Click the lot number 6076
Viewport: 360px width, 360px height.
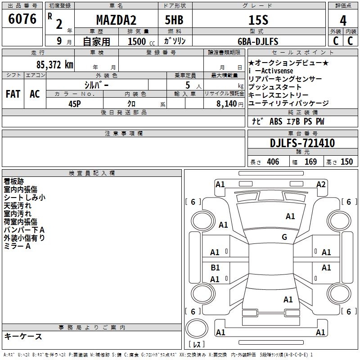[x=22, y=19]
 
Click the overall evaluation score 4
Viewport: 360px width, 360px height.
[x=343, y=21]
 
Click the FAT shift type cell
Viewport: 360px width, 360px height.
[x=13, y=94]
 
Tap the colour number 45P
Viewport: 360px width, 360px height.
[x=74, y=103]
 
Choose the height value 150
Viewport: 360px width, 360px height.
[x=346, y=162]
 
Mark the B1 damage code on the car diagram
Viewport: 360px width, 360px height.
[x=215, y=268]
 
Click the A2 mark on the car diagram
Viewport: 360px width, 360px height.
[x=321, y=184]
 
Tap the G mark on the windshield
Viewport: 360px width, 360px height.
[x=284, y=237]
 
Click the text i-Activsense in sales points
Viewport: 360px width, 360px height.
[x=270, y=71]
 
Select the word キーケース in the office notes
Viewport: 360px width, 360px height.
[x=23, y=337]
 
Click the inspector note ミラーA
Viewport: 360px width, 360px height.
[x=17, y=246]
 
